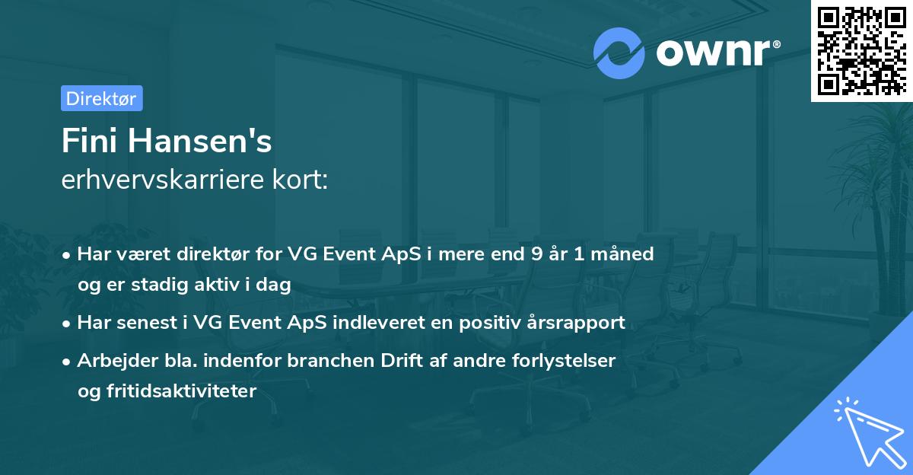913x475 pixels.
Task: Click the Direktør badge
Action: pyautogui.click(x=101, y=98)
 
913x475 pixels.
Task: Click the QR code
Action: pyautogui.click(x=861, y=50)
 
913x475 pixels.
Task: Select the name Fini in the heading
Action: pyautogui.click(x=89, y=141)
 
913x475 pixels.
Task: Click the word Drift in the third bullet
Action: pyautogui.click(x=389, y=360)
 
